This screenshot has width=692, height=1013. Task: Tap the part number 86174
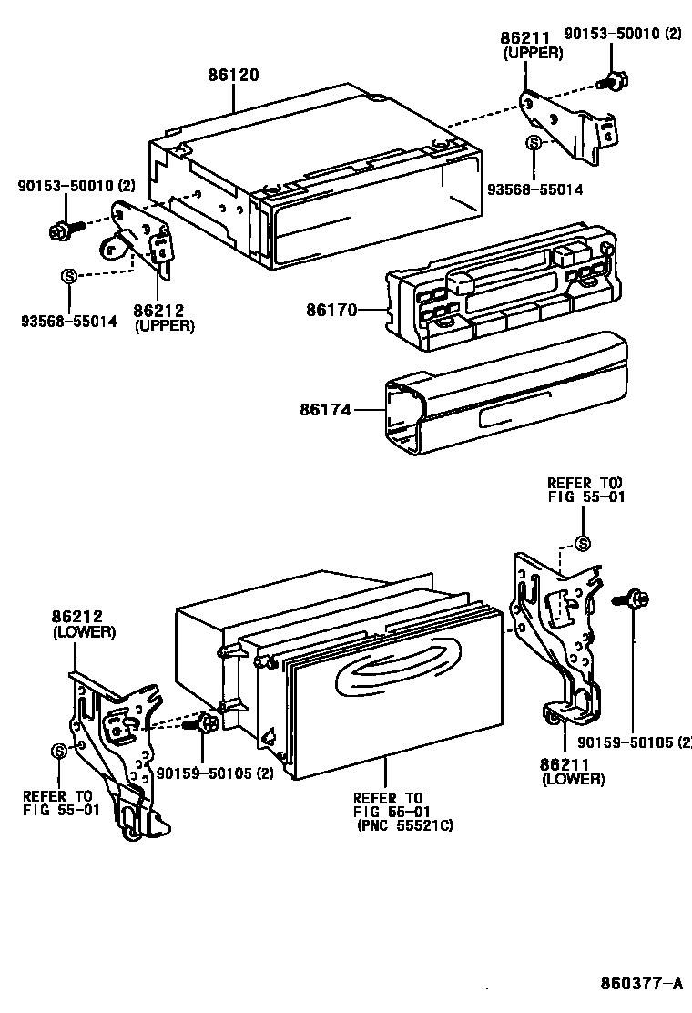(x=325, y=411)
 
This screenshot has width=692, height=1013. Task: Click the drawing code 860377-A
(x=641, y=984)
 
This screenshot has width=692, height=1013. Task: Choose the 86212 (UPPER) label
(x=164, y=318)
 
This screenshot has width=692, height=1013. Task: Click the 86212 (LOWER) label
(x=81, y=623)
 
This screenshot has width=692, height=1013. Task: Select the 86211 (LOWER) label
(x=573, y=771)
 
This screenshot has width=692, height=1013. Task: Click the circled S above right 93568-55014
(x=534, y=144)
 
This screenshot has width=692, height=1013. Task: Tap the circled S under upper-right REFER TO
(x=584, y=544)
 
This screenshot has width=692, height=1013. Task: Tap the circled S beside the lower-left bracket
(x=59, y=751)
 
